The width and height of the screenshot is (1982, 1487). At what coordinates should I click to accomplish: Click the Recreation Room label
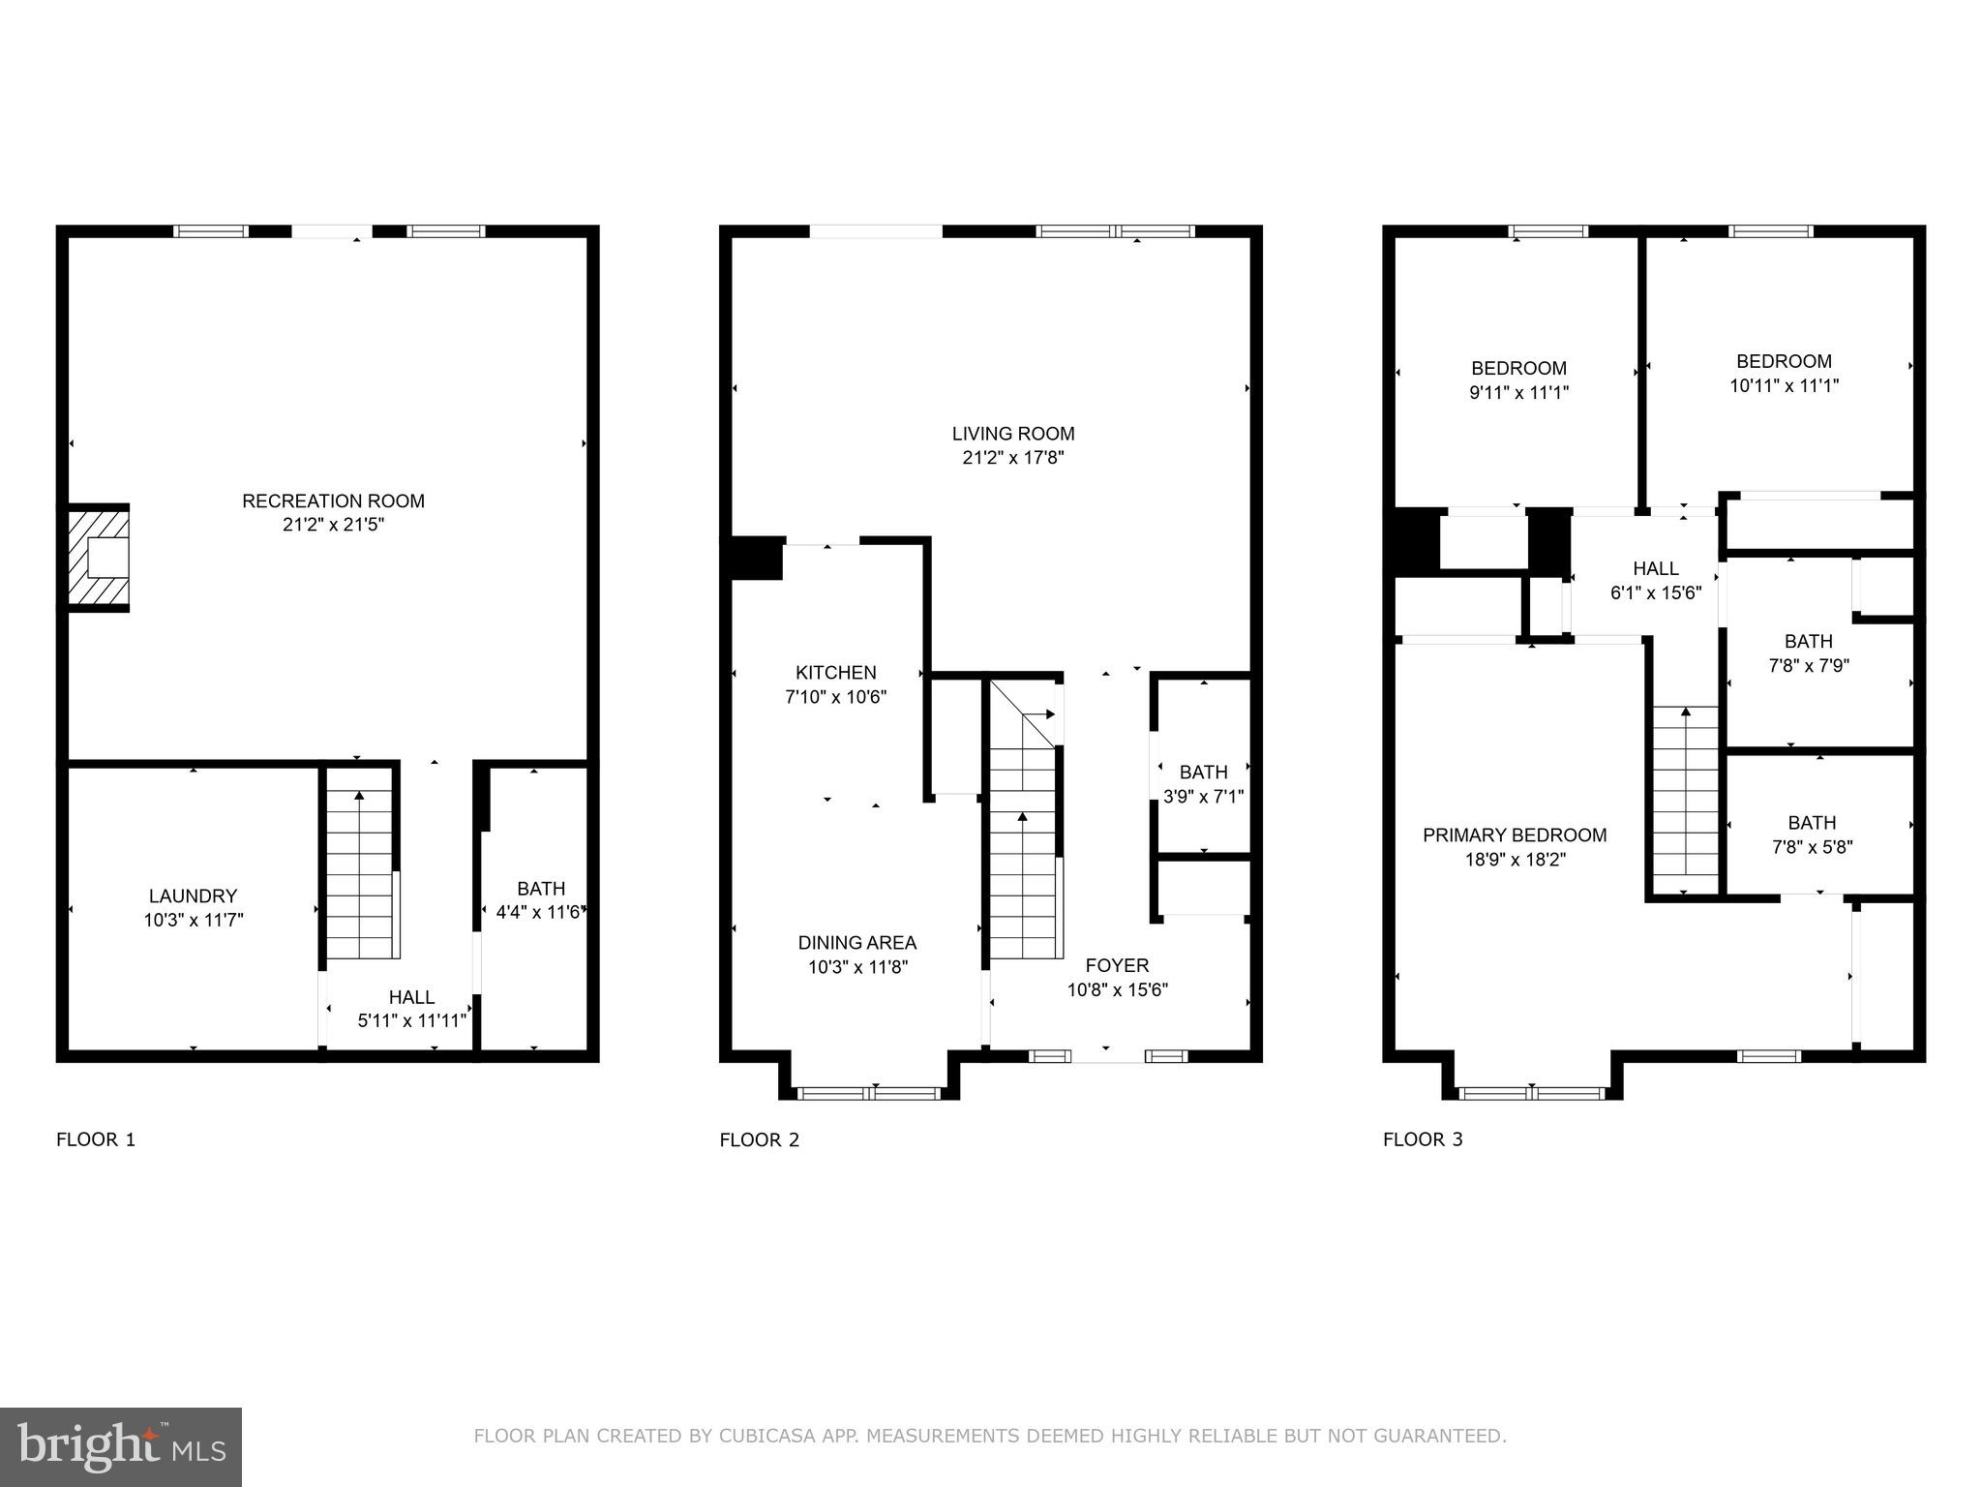click(x=333, y=501)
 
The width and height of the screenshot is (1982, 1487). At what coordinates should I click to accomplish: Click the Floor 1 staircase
click(x=360, y=876)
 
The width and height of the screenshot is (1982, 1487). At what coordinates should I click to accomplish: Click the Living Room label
click(x=1012, y=434)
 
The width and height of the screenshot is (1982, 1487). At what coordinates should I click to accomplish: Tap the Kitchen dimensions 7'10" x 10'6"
click(x=835, y=697)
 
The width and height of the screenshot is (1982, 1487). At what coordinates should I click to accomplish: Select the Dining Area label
click(x=856, y=943)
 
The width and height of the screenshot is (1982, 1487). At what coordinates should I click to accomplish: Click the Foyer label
click(x=1117, y=965)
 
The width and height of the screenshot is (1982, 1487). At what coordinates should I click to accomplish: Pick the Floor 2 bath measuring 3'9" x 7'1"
click(x=1203, y=784)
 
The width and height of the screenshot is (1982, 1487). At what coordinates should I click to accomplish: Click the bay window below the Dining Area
click(x=870, y=1094)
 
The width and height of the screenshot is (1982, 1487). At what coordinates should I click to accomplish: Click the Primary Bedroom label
click(x=1515, y=835)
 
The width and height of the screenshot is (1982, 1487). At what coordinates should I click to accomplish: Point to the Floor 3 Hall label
click(x=1655, y=568)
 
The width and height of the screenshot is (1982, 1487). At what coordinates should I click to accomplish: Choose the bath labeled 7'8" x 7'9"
click(x=1808, y=653)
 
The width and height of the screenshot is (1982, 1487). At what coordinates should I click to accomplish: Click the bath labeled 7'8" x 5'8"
click(x=1812, y=835)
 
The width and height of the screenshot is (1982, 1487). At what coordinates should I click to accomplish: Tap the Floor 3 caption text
click(x=1422, y=1139)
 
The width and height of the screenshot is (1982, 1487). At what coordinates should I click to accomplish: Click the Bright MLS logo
click(x=121, y=1446)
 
